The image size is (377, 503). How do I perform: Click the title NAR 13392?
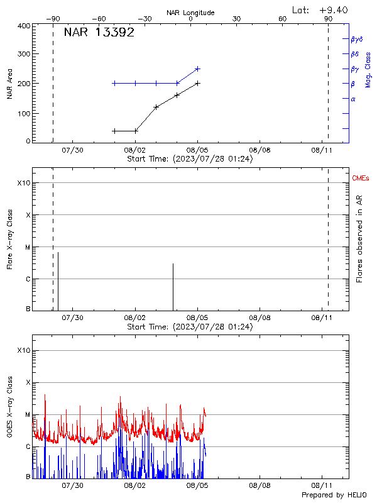coord(99,33)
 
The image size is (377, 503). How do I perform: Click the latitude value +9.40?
coord(333,9)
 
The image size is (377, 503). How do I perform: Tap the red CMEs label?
coord(361,179)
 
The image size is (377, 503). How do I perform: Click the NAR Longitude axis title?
coord(190,13)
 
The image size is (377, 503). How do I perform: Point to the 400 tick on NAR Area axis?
coord(25,26)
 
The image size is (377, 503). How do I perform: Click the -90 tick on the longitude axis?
coord(53,19)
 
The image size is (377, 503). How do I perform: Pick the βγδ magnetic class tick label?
coord(357,39)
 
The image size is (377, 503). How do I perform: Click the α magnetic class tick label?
coord(353,99)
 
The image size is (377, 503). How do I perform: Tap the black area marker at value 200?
coord(197,83)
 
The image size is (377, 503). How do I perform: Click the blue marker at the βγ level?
coord(197,69)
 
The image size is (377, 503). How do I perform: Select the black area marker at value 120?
coord(156,107)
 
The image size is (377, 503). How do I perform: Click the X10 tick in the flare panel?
coord(24,183)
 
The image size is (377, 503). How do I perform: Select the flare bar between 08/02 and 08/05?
coord(173,287)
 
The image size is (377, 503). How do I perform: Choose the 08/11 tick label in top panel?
coord(322,150)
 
